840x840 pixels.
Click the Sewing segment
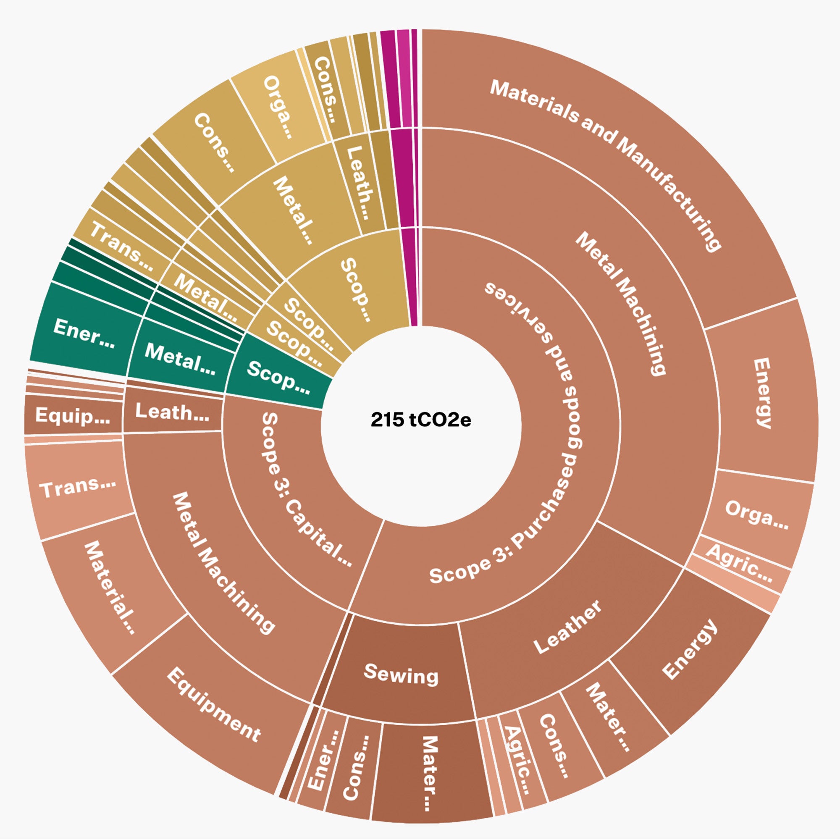pyautogui.click(x=400, y=674)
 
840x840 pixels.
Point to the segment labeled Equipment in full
pyautogui.click(x=213, y=700)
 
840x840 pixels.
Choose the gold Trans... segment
pyautogui.click(x=122, y=246)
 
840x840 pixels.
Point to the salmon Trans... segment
pyautogui.click(x=78, y=487)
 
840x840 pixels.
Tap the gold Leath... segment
pyautogui.click(x=359, y=183)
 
